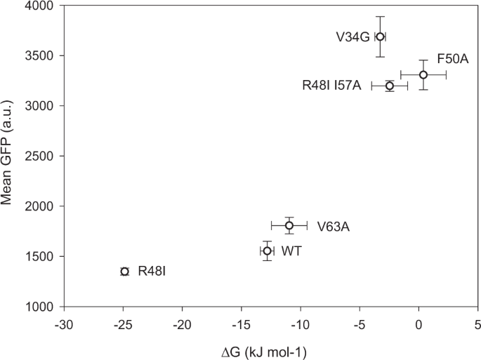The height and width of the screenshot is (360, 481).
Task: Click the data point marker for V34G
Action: coord(380,36)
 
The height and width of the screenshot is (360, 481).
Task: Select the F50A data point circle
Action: coord(423,75)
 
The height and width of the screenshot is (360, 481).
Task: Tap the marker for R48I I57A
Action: coord(390,86)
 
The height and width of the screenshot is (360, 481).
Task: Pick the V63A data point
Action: coord(289,225)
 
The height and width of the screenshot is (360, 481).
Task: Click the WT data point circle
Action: coord(268,251)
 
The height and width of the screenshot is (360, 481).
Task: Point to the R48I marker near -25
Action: coord(125,272)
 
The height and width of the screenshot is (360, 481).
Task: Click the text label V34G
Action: coord(352,36)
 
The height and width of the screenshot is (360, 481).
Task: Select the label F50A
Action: coord(453,58)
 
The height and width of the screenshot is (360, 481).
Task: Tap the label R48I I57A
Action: coord(331,86)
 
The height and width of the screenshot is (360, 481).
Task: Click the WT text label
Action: coord(291,251)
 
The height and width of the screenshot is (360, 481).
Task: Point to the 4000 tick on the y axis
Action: coord(41,6)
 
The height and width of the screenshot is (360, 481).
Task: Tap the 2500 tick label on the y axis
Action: coord(41,156)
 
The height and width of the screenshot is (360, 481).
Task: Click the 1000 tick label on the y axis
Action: coord(41,307)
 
